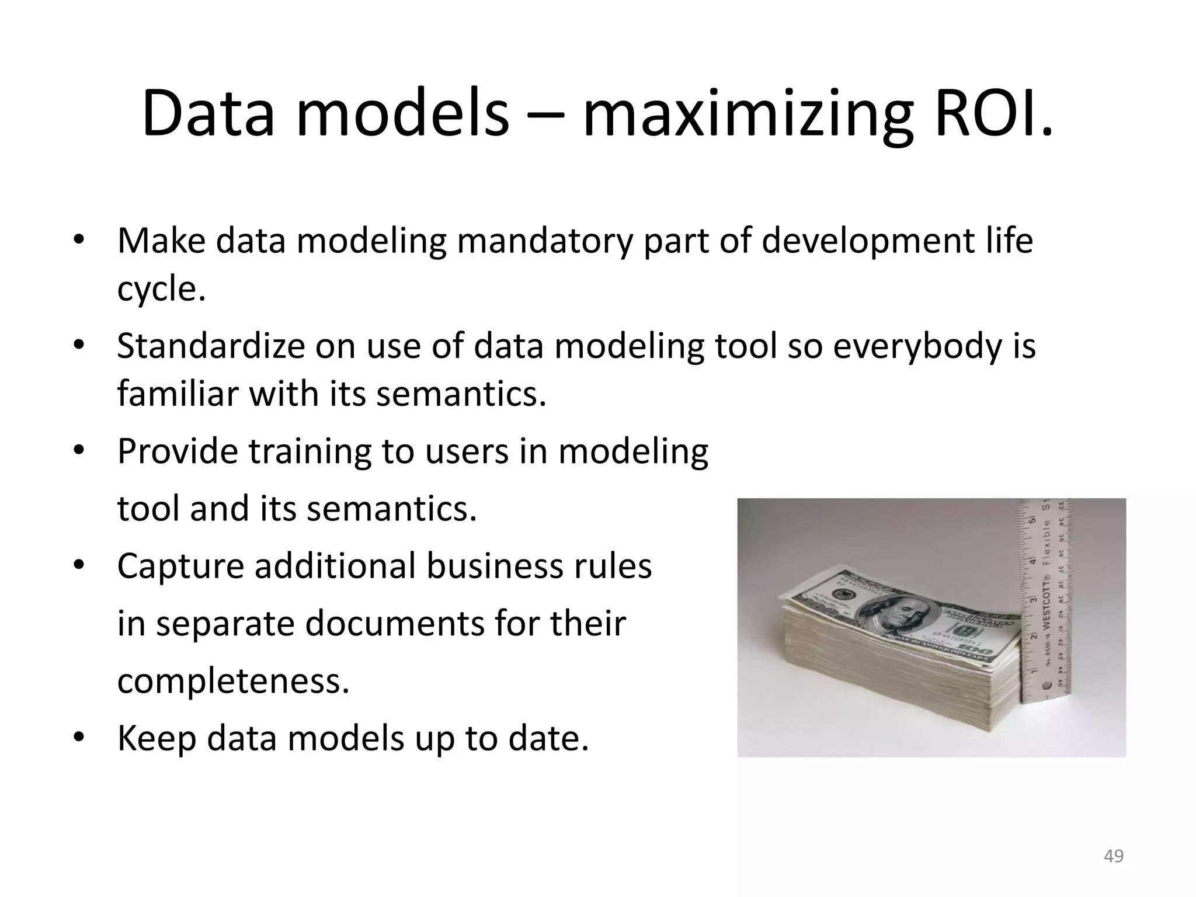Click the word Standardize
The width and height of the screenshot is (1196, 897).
(211, 346)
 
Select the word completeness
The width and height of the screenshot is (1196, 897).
(232, 681)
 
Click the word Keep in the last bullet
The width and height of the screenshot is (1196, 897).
(156, 738)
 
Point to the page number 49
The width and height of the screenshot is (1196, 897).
(1114, 856)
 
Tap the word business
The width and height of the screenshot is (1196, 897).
(499, 566)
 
